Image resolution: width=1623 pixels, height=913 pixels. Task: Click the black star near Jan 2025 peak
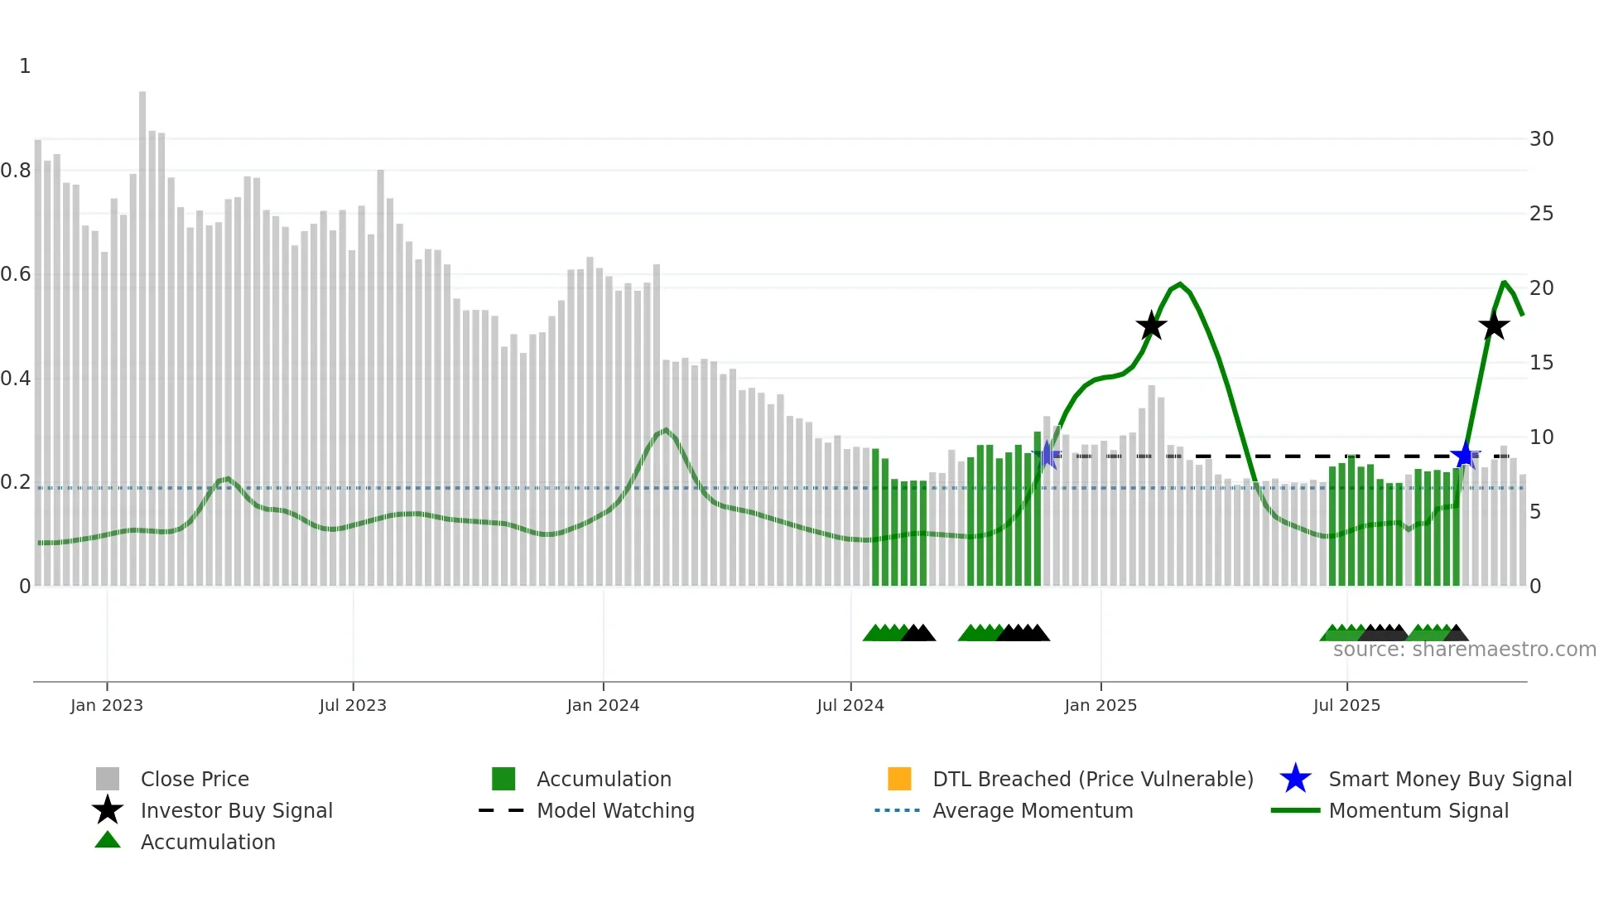(x=1151, y=326)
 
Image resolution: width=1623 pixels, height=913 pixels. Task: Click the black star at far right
(x=1494, y=326)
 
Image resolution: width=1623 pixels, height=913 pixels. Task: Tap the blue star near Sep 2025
(x=1465, y=456)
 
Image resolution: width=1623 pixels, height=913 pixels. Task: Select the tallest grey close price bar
(x=142, y=331)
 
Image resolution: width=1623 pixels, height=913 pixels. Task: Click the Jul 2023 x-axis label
(x=353, y=705)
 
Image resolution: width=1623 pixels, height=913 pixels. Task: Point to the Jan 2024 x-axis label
(x=603, y=705)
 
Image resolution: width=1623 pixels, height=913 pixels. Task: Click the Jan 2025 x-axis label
(x=1100, y=705)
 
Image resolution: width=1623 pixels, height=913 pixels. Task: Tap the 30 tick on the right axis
(x=1541, y=139)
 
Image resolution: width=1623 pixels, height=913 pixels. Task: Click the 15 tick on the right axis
(x=1541, y=363)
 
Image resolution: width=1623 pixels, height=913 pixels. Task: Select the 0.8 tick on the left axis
(x=17, y=171)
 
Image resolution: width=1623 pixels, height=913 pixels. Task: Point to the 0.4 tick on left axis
(x=17, y=379)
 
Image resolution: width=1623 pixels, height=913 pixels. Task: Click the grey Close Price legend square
(x=108, y=779)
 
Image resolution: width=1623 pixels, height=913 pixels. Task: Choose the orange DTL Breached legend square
(x=899, y=779)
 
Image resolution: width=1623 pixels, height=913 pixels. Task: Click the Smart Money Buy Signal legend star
(x=1295, y=779)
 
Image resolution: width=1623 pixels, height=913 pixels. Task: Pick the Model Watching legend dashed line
(x=501, y=810)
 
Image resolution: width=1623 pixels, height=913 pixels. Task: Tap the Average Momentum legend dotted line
(x=897, y=810)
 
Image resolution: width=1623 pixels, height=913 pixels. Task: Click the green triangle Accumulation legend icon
(x=108, y=840)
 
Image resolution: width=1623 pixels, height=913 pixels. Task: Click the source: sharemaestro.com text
(x=1464, y=650)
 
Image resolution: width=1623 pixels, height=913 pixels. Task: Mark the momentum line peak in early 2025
(x=1180, y=284)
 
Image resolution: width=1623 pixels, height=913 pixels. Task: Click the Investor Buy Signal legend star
(x=108, y=810)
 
